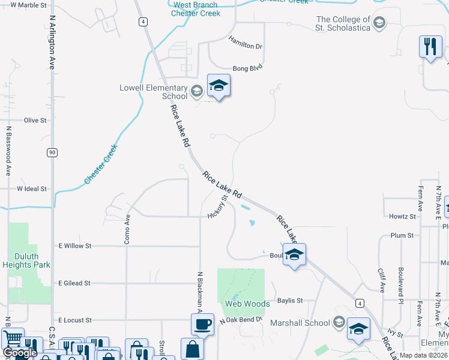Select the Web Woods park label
(247, 304)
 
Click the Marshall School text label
(300, 323)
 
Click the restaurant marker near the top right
(430, 47)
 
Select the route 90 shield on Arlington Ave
(52, 152)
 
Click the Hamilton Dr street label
(246, 43)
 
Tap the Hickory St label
(218, 207)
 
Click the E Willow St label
(74, 246)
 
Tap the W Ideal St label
(32, 189)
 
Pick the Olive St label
(35, 121)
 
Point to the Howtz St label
(402, 217)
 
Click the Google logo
(20, 353)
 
